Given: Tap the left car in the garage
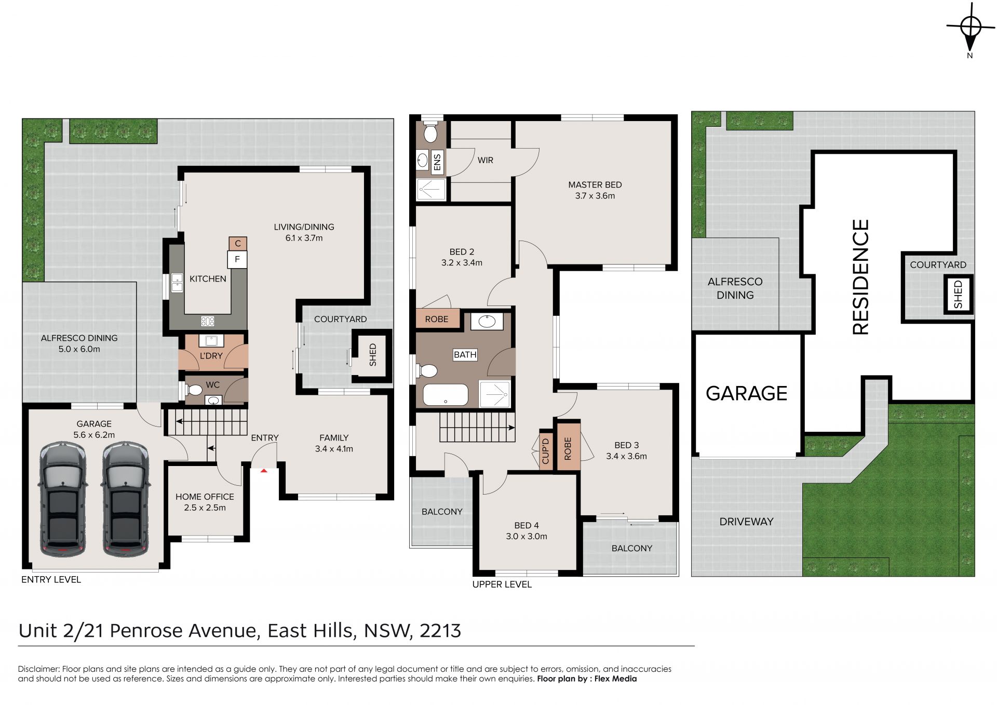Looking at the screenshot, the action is (62, 499).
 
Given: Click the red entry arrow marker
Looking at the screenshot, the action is (264, 471).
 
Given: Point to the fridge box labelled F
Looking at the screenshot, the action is (237, 259).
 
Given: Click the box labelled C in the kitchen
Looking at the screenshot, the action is (238, 243).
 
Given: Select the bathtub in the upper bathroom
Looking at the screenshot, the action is (446, 394).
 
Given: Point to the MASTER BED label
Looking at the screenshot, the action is (595, 184).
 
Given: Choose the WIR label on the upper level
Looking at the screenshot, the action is (486, 160).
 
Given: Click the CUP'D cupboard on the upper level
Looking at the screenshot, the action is (546, 450).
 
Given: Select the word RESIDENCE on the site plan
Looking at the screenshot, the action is (860, 277).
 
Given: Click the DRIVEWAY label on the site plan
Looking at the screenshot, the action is (746, 521).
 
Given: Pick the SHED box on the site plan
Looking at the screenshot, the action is (958, 294).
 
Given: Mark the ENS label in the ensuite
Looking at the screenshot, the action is (437, 162).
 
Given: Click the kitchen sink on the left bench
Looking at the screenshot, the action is (177, 283).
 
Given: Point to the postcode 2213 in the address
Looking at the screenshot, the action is (440, 631).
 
